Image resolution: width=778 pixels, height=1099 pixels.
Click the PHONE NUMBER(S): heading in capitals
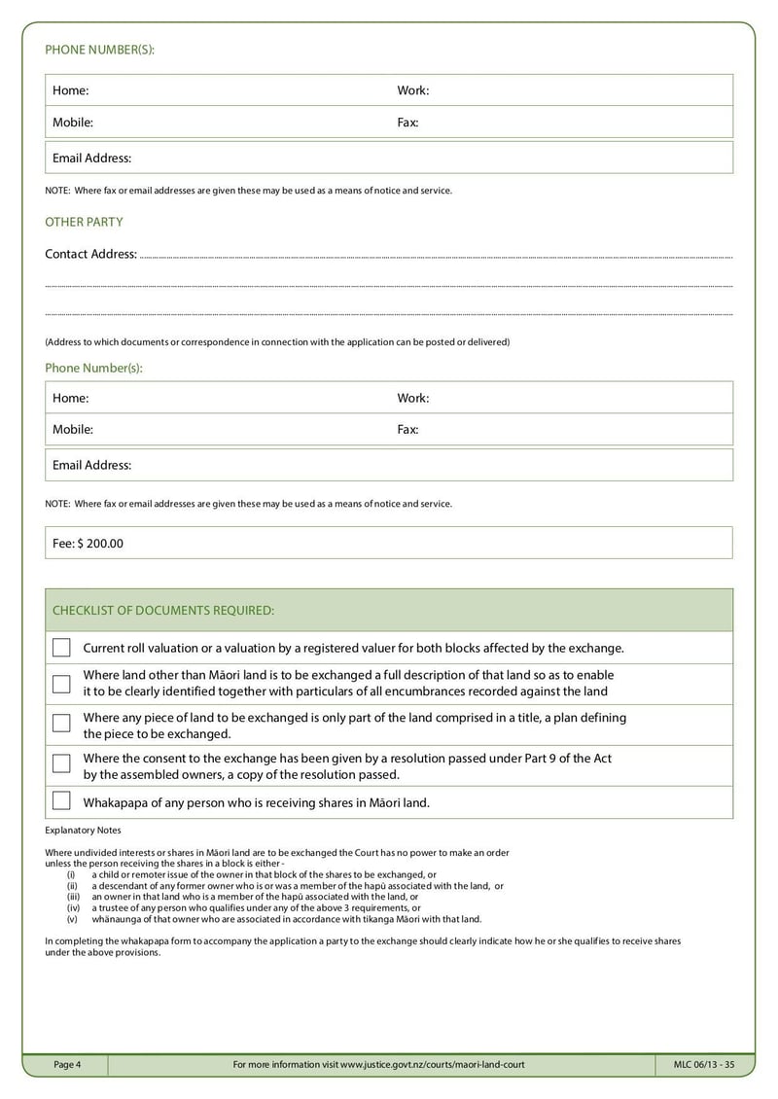[100, 50]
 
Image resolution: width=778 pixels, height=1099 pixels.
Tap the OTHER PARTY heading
[84, 222]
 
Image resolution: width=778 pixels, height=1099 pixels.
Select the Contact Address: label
[90, 254]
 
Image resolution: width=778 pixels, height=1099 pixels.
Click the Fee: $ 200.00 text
[88, 544]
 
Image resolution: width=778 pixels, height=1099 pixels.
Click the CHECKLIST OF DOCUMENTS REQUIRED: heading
[163, 610]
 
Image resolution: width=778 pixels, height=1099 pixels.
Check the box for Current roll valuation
[61, 648]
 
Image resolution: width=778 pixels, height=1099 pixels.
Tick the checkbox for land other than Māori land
[61, 684]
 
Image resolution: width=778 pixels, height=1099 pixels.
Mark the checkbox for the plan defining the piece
[61, 724]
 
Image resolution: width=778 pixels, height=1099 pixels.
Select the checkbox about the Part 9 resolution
[61, 763]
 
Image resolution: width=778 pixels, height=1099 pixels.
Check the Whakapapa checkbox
[61, 801]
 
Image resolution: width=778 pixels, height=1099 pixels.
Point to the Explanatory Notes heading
[84, 831]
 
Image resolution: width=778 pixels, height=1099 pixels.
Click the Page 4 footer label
[67, 1065]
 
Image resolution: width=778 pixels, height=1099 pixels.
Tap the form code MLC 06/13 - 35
[703, 1065]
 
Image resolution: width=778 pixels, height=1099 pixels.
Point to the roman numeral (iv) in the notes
[72, 907]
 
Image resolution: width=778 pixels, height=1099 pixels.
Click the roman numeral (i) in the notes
[71, 874]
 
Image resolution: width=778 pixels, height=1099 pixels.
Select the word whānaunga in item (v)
[116, 919]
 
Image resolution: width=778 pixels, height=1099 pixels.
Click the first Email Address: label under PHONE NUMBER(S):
[91, 158]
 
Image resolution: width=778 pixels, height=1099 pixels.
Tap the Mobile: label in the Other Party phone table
[73, 429]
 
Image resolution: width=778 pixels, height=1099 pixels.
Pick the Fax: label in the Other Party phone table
[407, 429]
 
